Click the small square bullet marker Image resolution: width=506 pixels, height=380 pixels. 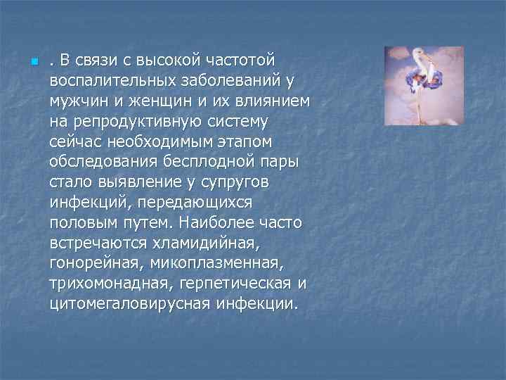pos(34,61)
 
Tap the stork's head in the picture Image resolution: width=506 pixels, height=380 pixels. pos(421,56)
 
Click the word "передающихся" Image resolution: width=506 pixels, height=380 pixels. pos(195,202)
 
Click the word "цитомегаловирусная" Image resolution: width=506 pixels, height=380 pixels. pos(126,304)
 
